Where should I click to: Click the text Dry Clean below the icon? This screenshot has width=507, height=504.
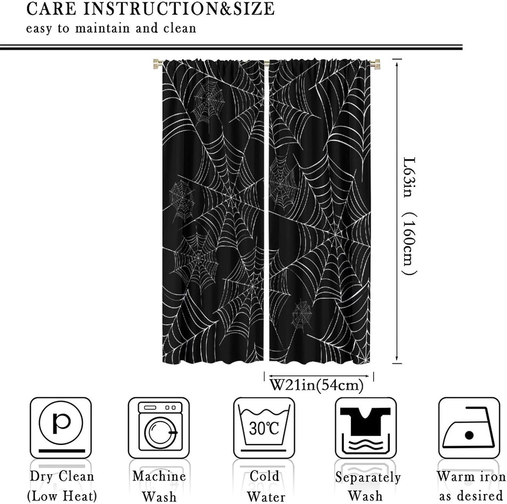62,476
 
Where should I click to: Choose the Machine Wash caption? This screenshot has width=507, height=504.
159,486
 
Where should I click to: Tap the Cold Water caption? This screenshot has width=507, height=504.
265,486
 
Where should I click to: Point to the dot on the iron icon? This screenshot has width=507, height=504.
469,435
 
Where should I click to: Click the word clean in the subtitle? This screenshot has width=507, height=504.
179,28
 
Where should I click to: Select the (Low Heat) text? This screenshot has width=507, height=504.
62,496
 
